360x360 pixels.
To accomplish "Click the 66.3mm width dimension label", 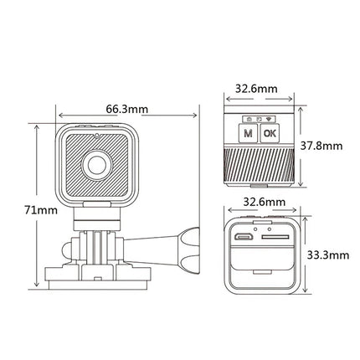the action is [126, 109].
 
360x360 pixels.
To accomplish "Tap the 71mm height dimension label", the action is [41, 210].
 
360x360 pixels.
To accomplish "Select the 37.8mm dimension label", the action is [321, 146].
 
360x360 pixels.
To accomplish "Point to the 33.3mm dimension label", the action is [328, 255].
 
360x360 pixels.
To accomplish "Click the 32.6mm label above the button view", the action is [256, 89].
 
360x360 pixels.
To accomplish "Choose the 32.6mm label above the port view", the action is [265, 202].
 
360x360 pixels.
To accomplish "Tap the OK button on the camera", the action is [270, 133].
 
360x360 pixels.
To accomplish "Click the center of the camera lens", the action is [97, 165].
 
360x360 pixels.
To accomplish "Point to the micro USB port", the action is [244, 237].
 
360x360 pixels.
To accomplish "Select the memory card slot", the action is [275, 237].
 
